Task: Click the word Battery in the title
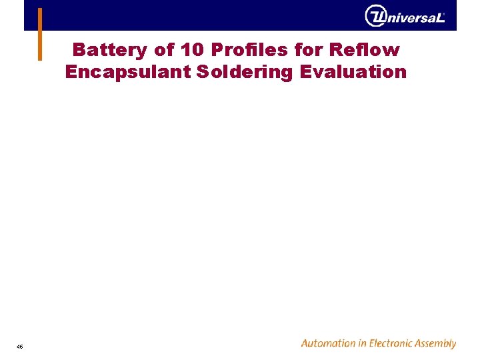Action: pyautogui.click(x=109, y=50)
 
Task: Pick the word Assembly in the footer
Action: pyautogui.click(x=434, y=344)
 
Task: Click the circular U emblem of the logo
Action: pyautogui.click(x=375, y=15)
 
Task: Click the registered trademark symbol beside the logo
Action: pyautogui.click(x=444, y=12)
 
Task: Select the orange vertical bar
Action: pyautogui.click(x=40, y=34)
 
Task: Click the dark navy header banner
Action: pyautogui.click(x=200, y=15)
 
